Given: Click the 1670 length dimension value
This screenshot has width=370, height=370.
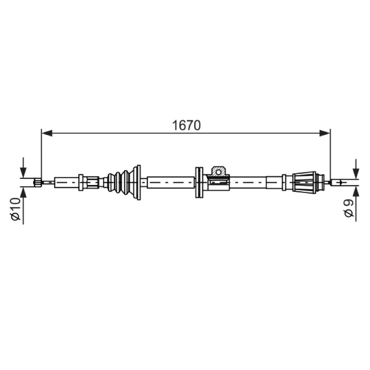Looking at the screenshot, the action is click(186, 125).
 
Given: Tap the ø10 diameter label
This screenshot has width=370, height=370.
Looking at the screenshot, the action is click(16, 210).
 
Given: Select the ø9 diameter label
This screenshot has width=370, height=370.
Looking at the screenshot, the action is click(349, 209).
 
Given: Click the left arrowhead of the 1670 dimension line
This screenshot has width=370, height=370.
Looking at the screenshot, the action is click(47, 133).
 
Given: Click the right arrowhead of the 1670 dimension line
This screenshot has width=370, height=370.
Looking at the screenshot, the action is click(325, 133).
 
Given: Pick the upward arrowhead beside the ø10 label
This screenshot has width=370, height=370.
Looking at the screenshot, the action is click(23, 192).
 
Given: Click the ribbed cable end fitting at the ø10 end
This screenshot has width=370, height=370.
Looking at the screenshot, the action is click(38, 182).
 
